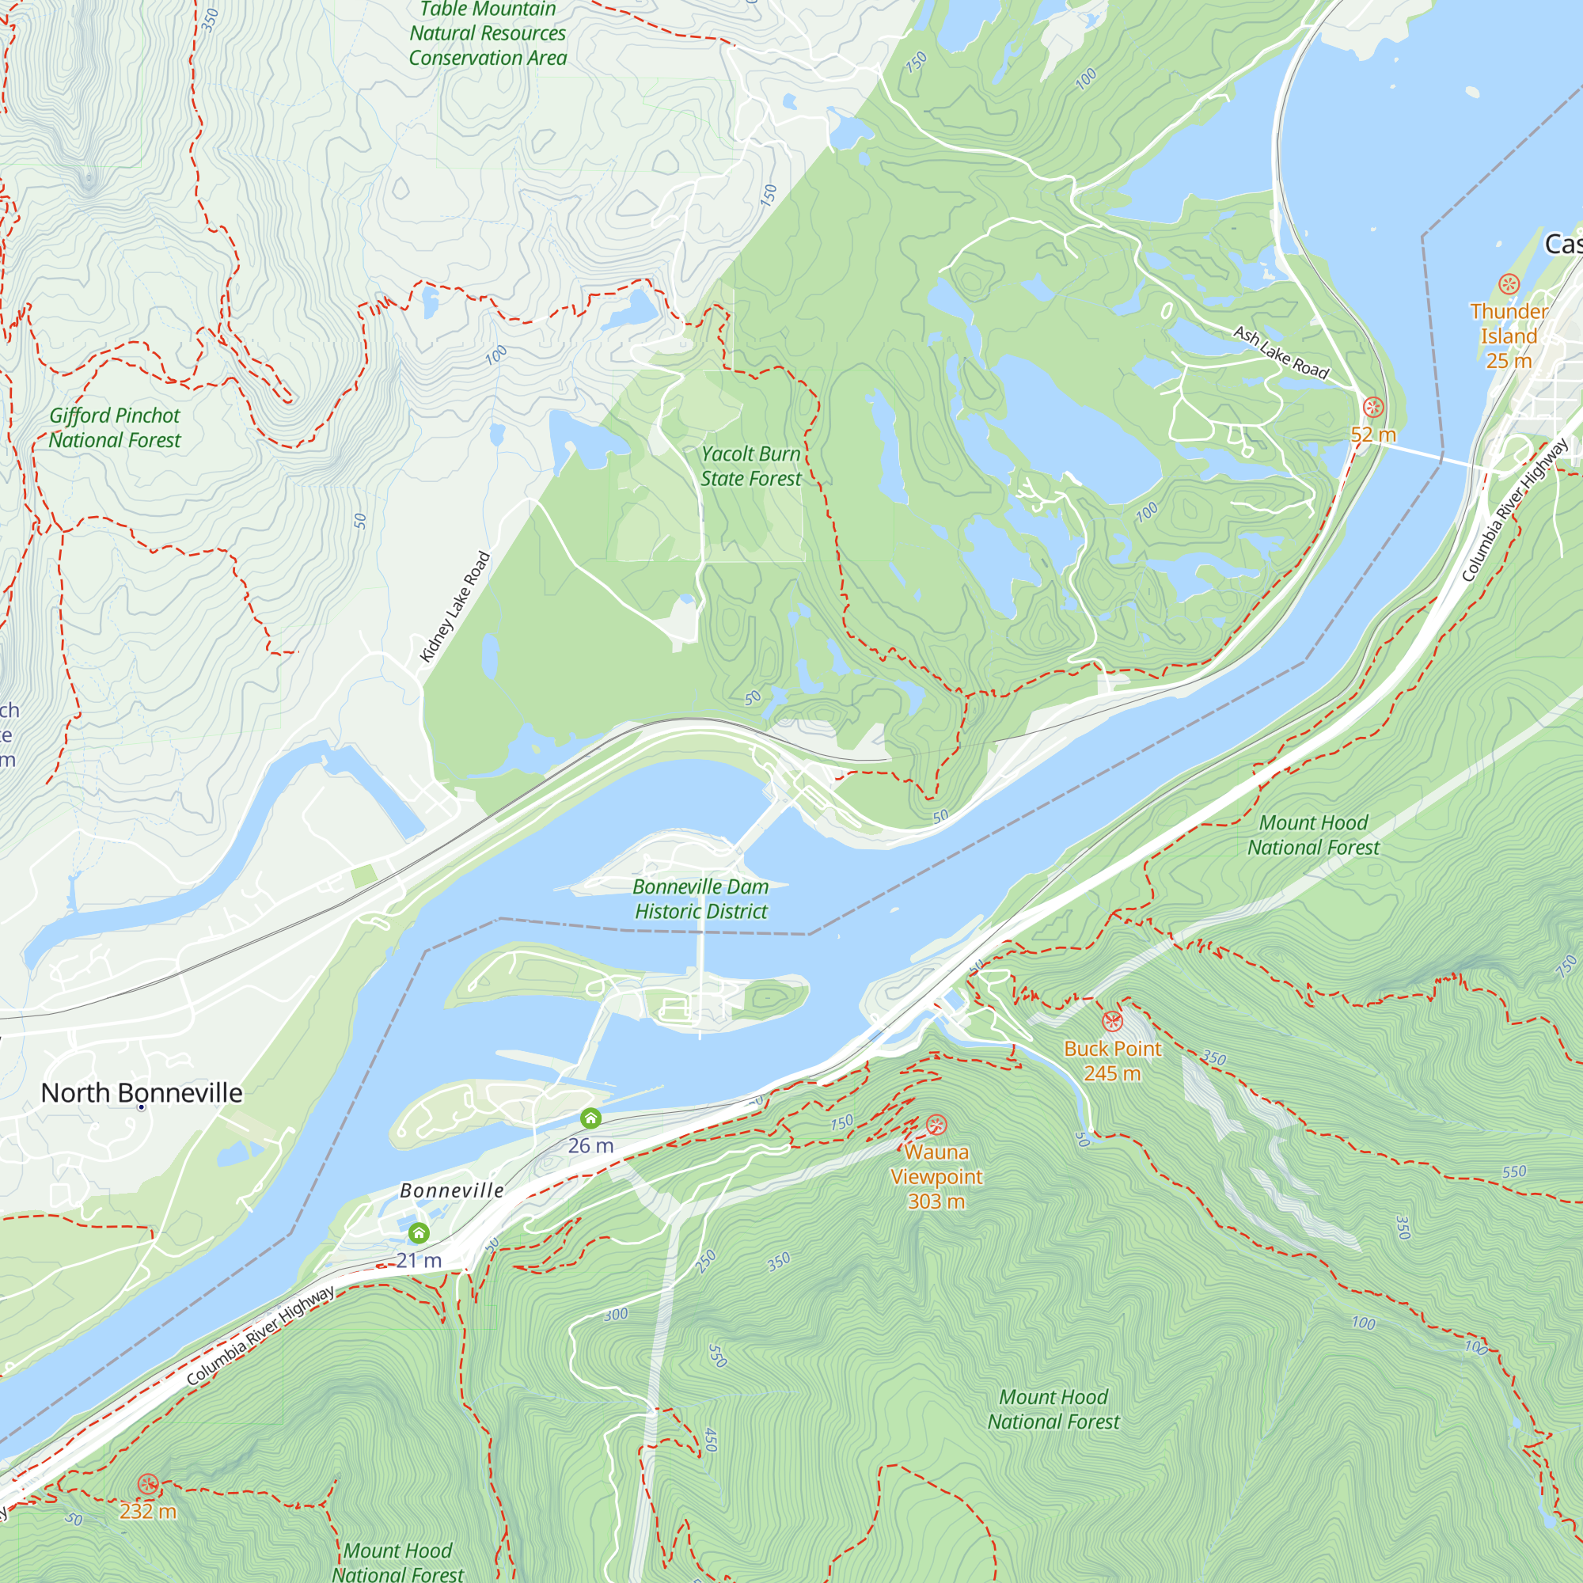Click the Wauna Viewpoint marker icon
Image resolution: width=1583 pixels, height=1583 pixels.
(936, 1125)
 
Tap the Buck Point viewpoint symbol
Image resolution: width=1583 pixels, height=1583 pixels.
(1112, 1021)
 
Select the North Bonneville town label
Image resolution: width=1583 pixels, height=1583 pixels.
(142, 1093)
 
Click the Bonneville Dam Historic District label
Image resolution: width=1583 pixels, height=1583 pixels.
(701, 899)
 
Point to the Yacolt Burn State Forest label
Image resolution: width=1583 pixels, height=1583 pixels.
(750, 466)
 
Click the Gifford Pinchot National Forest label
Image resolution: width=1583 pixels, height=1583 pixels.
(115, 427)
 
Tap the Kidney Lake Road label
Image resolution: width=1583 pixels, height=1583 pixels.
(455, 607)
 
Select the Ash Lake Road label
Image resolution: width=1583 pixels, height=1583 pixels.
(1281, 352)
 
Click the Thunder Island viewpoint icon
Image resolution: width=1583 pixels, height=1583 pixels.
(1509, 284)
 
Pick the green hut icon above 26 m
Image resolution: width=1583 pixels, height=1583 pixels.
(590, 1118)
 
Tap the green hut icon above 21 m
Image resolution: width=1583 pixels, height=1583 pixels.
(419, 1232)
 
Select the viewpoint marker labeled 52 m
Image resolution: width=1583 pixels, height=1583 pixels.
(1373, 406)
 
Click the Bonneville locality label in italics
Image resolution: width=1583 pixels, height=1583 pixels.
(451, 1191)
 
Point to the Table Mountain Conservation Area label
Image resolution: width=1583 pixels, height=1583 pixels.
(488, 33)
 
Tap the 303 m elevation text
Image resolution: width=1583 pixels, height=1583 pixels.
(936, 1202)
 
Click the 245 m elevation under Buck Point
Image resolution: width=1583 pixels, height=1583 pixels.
(1112, 1074)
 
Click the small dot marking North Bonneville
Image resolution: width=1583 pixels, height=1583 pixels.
(142, 1108)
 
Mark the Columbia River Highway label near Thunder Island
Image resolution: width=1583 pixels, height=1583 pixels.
(1514, 511)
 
